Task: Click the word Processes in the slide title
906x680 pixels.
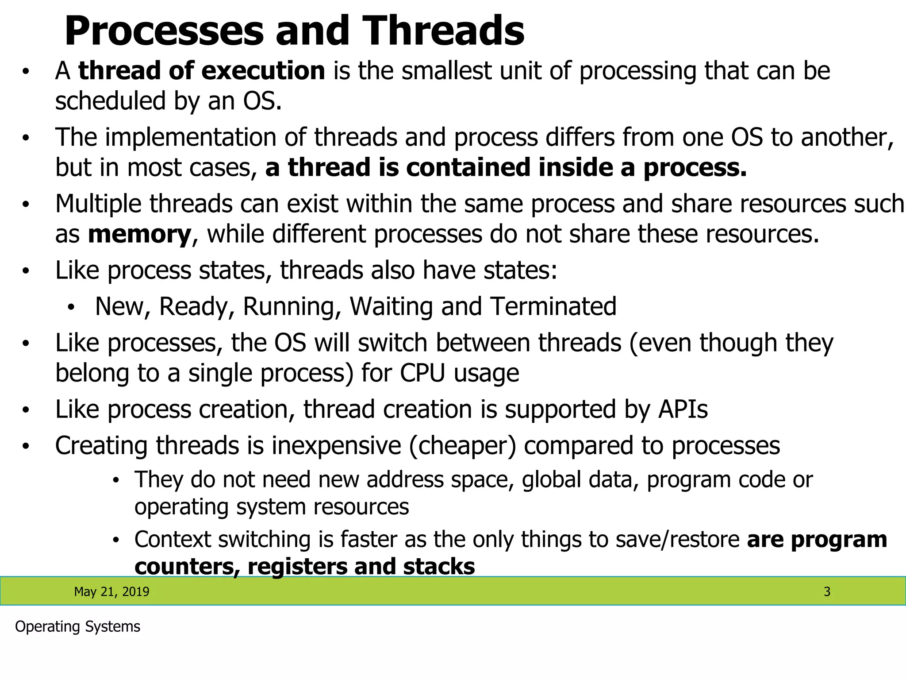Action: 164,31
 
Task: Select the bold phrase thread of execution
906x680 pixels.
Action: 202,71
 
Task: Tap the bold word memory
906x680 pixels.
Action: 139,234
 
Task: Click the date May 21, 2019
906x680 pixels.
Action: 111,591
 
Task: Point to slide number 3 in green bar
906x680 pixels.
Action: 827,591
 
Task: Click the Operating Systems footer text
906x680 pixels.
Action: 77,626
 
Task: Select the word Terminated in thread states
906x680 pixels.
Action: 553,306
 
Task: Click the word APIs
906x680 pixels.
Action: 683,409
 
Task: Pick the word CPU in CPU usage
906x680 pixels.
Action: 422,373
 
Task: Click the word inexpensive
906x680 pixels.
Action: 336,445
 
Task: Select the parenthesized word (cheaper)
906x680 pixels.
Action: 462,445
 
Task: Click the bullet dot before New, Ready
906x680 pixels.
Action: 71,307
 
